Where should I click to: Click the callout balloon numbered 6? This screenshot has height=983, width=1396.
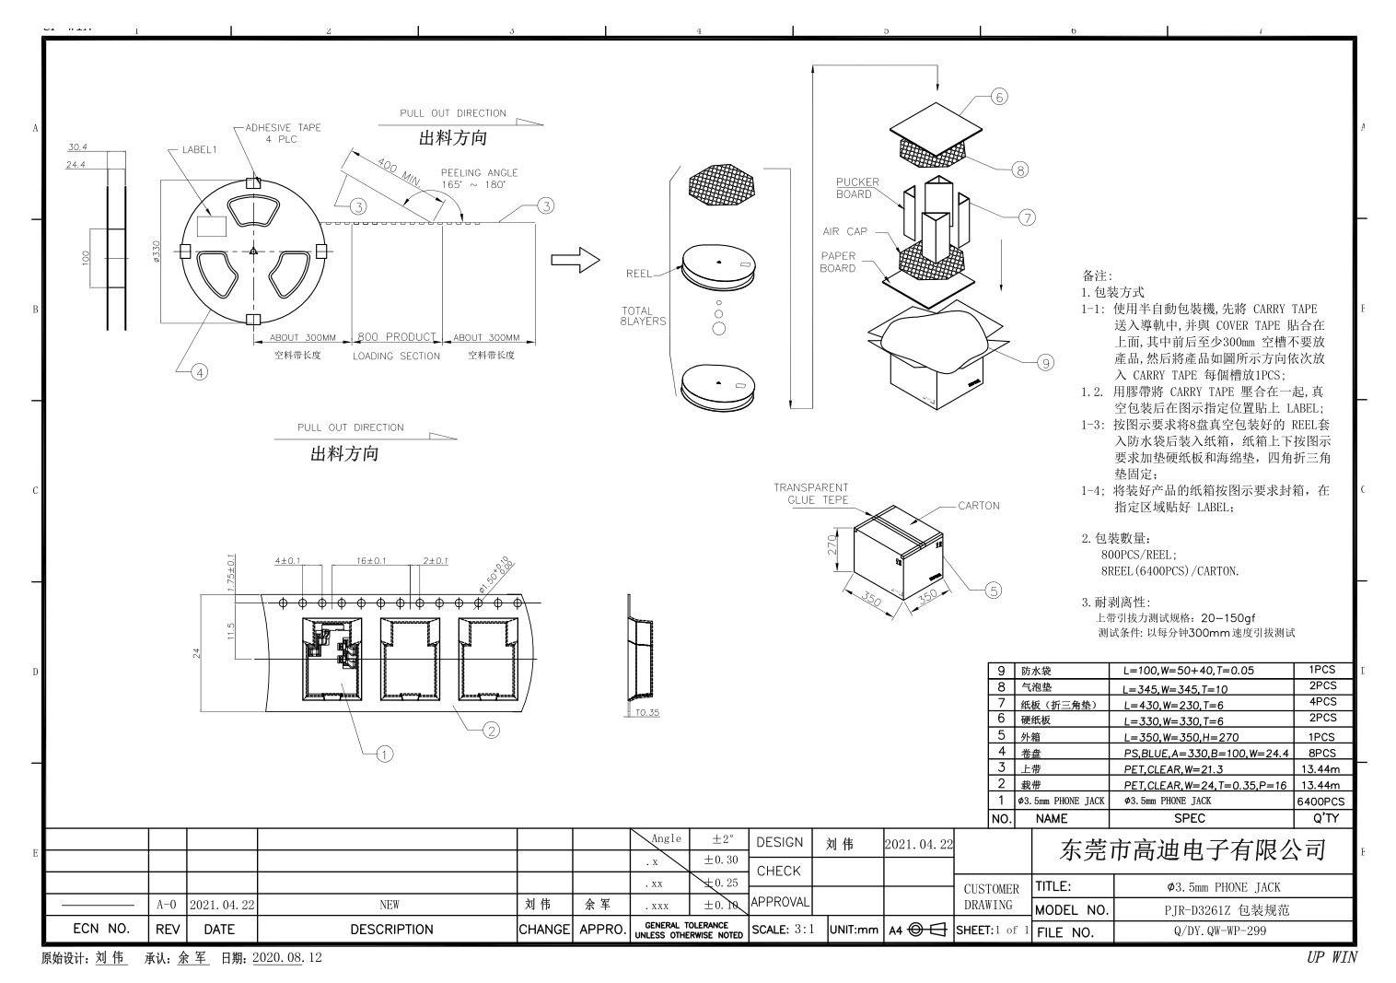[1000, 96]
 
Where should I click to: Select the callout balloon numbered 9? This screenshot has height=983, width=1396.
[1045, 362]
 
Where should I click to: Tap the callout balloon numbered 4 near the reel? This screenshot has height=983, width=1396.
[199, 372]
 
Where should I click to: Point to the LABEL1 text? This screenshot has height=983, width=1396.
[199, 149]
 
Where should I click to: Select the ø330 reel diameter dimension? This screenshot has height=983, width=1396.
[156, 251]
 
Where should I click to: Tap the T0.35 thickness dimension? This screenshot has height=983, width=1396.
[646, 712]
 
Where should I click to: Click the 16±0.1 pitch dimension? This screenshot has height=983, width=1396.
[371, 560]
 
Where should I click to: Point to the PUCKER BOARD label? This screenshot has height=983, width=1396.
[857, 188]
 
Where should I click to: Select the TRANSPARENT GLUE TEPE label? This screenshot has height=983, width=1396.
[810, 494]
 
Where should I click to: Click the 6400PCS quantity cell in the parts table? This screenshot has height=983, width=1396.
[1320, 802]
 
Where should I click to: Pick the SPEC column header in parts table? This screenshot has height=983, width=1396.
[1189, 818]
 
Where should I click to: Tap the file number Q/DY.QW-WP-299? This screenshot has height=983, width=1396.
[1233, 931]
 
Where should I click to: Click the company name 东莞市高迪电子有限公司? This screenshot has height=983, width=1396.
[1192, 849]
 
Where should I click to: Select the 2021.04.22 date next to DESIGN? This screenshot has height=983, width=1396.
[918, 843]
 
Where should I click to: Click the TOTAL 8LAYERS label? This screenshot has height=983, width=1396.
[643, 316]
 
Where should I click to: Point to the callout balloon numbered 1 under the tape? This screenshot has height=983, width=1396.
[385, 754]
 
